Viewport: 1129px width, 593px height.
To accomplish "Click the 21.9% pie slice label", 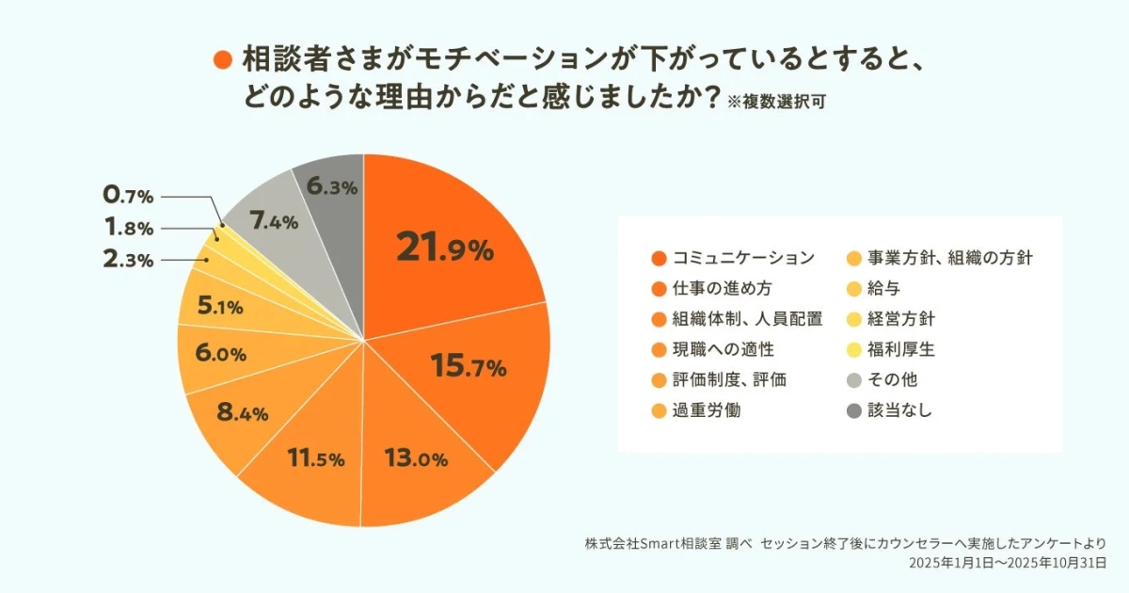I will pos(444,248).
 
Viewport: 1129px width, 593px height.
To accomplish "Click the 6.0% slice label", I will pos(219,354).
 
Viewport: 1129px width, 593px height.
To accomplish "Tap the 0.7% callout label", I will pos(128,196).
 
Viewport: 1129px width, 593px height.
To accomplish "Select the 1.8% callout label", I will pos(128,228).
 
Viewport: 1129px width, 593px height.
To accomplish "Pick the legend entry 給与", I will pos(883,288).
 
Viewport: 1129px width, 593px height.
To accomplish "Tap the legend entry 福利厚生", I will pos(900,349).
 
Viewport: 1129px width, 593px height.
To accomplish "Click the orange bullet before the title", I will pos(223,59).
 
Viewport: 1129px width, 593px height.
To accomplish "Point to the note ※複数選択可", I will pos(776,102).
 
